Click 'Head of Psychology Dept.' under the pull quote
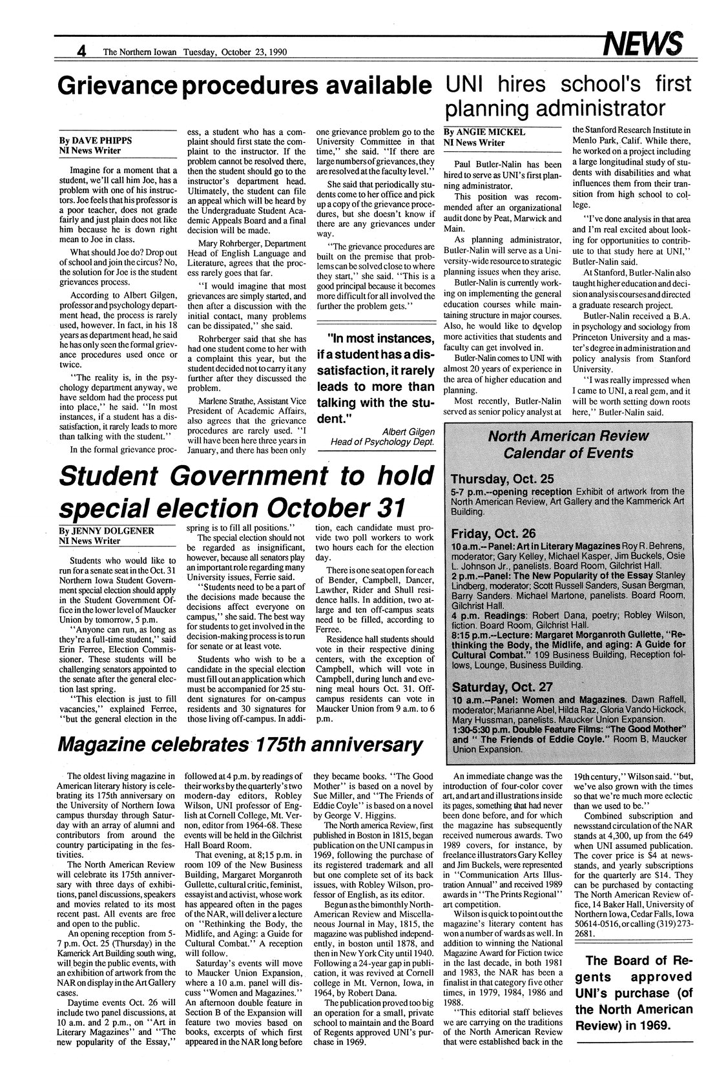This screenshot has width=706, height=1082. [382, 442]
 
